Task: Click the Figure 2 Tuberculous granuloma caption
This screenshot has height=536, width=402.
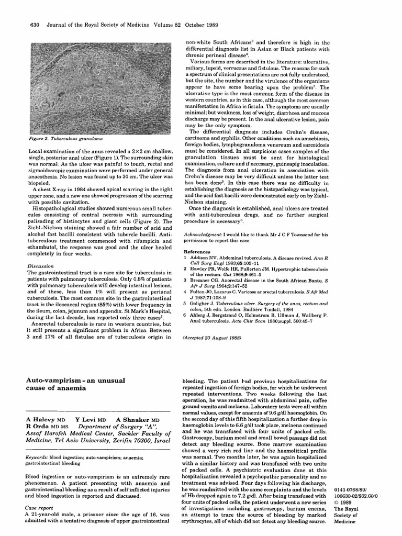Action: [66, 139]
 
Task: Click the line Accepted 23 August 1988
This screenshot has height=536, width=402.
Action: [211, 339]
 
